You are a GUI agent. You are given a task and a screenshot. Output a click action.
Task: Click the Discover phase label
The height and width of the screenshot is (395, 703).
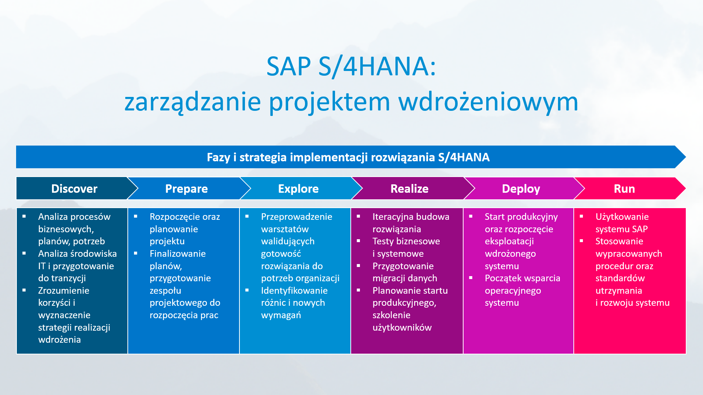coord(74,189)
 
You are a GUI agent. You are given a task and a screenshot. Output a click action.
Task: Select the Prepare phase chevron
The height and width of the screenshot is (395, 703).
coord(186,189)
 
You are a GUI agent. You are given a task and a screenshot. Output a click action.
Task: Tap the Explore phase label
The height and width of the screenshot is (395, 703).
coord(298,189)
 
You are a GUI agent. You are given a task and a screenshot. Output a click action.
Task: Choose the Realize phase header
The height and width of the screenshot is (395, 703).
coord(409,189)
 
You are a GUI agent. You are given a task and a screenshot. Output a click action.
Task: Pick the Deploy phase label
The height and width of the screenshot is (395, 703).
coord(521,189)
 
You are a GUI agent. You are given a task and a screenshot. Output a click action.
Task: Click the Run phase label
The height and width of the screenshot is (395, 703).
coord(624,189)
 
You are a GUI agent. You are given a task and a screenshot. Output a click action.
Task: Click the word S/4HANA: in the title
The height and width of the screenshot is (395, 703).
coord(377,67)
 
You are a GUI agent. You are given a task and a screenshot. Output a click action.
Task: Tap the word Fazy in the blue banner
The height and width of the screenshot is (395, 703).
coord(218,157)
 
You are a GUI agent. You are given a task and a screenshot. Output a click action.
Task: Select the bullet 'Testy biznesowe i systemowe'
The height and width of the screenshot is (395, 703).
coord(406,247)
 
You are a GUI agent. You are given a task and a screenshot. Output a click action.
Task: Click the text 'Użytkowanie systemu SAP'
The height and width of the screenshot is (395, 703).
coord(622,223)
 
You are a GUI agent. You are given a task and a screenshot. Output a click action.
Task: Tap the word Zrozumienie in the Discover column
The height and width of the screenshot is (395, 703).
coord(64,290)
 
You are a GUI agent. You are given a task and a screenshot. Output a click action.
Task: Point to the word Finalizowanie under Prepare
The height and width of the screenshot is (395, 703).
coord(178,253)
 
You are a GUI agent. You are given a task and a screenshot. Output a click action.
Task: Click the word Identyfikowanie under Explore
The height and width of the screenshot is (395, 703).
coord(294,290)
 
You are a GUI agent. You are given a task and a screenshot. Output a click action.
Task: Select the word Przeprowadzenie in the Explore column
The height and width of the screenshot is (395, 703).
coord(297,217)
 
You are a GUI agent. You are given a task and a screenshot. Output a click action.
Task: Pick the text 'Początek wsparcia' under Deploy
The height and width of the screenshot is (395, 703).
coord(522,278)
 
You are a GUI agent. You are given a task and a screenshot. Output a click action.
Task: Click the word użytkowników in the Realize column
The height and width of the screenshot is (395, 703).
coord(402,327)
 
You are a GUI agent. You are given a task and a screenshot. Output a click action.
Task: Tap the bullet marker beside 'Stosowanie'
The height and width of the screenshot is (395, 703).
coord(581,241)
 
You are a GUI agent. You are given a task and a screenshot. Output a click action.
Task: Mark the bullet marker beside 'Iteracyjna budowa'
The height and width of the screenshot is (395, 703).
coord(358,217)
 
